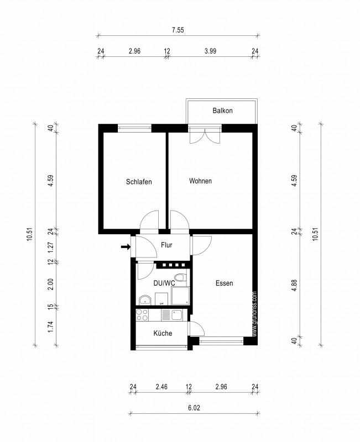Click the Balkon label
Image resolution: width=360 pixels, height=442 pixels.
click(222, 111)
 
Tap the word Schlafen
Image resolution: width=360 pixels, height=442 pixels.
click(139, 182)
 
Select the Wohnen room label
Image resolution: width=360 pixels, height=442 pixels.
click(200, 181)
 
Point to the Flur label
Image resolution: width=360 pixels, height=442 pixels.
click(167, 245)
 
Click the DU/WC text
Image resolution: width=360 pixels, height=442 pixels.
click(164, 283)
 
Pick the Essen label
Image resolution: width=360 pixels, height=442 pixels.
click(224, 283)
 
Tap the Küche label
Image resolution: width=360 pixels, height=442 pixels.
click(163, 333)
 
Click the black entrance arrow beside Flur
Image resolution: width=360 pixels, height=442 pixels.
click(125, 246)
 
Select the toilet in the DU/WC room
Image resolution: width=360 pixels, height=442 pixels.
click(179, 277)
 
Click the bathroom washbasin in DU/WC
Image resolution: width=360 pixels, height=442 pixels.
click(145, 300)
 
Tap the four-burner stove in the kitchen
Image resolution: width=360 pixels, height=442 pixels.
click(142, 315)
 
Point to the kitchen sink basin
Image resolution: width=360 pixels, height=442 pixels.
click(178, 315)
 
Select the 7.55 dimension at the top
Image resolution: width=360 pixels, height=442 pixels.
click(178, 30)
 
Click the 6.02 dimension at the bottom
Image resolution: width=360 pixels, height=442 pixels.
click(194, 408)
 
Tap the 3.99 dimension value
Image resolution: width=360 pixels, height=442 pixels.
click(210, 51)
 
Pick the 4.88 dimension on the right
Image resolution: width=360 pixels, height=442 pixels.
click(295, 286)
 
